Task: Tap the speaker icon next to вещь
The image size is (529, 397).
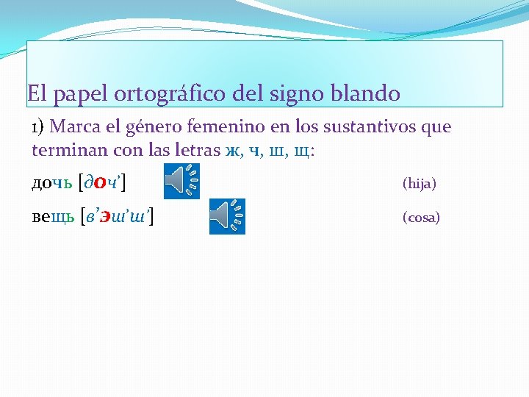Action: [x=227, y=216]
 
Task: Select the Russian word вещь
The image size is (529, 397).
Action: [x=51, y=218]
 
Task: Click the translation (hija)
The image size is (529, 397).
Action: [x=420, y=184]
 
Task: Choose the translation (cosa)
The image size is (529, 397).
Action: [x=421, y=218]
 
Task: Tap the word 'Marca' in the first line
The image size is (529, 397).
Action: [x=76, y=127]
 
